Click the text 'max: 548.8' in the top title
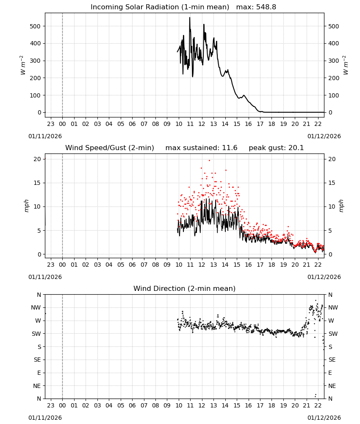[256, 7]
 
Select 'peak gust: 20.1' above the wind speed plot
[276, 148]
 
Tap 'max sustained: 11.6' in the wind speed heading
[201, 148]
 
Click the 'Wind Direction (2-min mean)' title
[185, 288]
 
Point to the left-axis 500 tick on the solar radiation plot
[35, 26]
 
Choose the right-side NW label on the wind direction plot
[333, 308]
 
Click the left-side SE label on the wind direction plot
[37, 360]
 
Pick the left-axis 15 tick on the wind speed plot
[37, 183]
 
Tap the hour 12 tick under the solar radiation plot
[202, 124]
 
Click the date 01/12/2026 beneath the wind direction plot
[324, 418]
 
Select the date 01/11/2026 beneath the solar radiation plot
[45, 136]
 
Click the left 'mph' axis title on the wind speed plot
[26, 206]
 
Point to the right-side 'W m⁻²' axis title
[346, 65]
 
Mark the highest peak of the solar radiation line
[190, 17]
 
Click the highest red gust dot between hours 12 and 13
[209, 160]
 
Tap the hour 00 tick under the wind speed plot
[62, 265]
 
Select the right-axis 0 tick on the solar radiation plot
[330, 112]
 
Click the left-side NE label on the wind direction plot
[37, 386]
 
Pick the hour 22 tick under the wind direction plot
[318, 405]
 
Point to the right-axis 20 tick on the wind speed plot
[332, 159]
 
